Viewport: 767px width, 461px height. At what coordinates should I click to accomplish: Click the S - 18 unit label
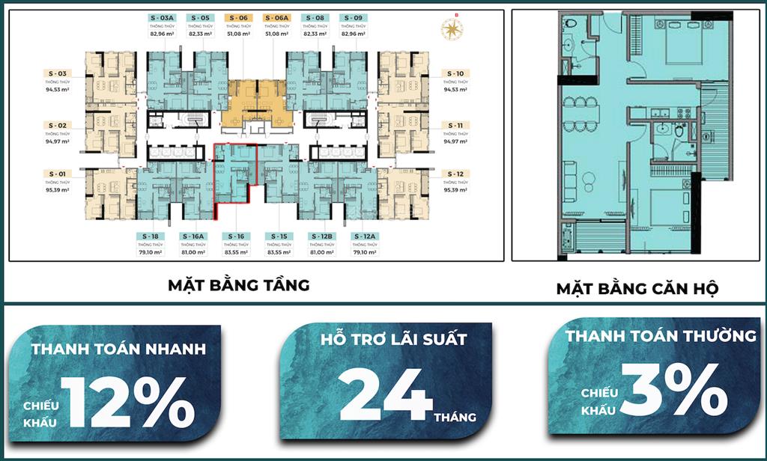[x=150, y=236]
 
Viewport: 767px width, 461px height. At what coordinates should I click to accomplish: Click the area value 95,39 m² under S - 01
[x=57, y=190]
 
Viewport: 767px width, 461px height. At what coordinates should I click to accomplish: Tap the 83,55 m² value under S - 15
[x=279, y=252]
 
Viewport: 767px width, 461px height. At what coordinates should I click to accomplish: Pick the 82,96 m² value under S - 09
[x=354, y=34]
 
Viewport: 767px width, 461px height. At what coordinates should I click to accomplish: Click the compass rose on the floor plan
[x=452, y=29]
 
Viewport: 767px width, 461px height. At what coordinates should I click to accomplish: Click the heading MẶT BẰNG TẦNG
[x=237, y=286]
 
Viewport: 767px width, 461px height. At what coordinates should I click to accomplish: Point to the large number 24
[x=385, y=394]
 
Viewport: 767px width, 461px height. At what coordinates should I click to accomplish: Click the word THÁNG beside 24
[x=455, y=417]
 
